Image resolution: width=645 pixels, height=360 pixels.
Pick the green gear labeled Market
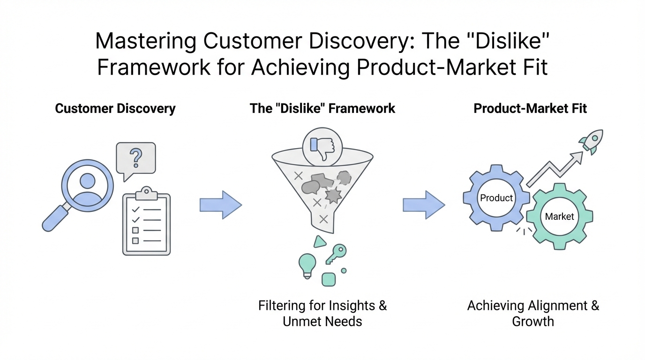click(x=559, y=217)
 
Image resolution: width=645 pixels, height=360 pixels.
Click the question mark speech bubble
click(x=135, y=159)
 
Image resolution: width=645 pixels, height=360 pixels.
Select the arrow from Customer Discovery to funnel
click(x=220, y=205)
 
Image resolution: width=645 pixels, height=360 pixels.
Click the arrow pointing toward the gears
click(x=424, y=205)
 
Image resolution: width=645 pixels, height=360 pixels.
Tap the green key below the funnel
click(x=337, y=253)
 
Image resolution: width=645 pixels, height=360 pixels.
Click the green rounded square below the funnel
click(x=329, y=279)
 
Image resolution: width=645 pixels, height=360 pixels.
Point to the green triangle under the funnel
click(x=320, y=241)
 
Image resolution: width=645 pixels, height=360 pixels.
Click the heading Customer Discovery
click(x=115, y=109)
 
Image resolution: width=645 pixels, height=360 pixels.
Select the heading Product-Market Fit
click(x=530, y=109)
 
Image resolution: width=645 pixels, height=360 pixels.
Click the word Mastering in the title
click(x=146, y=41)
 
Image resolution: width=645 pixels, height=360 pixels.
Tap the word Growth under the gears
click(x=533, y=322)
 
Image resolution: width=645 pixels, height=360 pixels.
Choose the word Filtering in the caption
click(x=282, y=306)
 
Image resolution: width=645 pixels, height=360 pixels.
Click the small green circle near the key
click(x=344, y=270)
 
